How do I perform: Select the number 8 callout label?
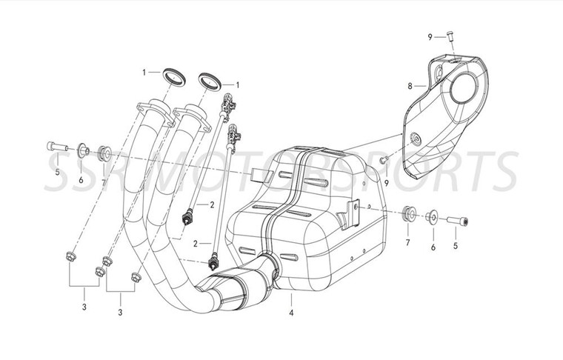coord(410,86)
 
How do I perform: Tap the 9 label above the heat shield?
coord(429,36)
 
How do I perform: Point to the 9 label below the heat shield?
coord(387,181)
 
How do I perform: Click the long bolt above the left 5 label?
coord(57,146)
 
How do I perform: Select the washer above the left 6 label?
coord(84,152)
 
